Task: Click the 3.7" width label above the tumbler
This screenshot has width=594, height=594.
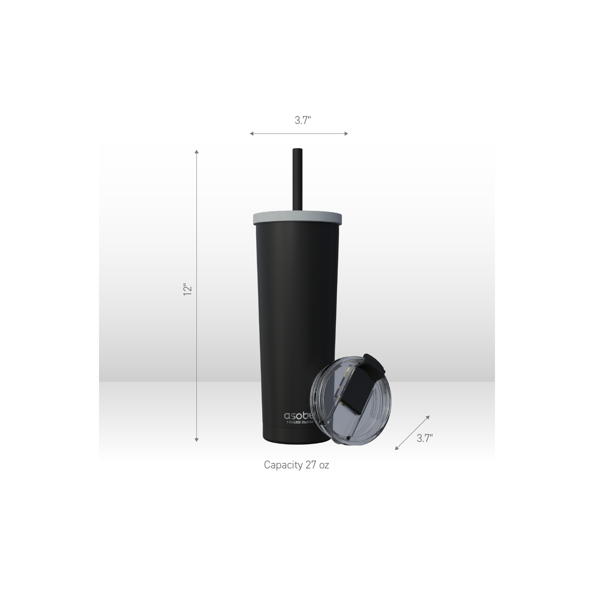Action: (x=303, y=121)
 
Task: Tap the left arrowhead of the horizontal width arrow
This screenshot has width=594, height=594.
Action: (x=251, y=134)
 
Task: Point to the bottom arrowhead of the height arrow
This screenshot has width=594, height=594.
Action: (x=196, y=440)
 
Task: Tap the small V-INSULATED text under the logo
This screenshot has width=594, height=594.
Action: (x=299, y=423)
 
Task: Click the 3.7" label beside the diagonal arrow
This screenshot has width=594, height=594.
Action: (x=425, y=438)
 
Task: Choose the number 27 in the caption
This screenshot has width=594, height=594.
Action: (x=311, y=465)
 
